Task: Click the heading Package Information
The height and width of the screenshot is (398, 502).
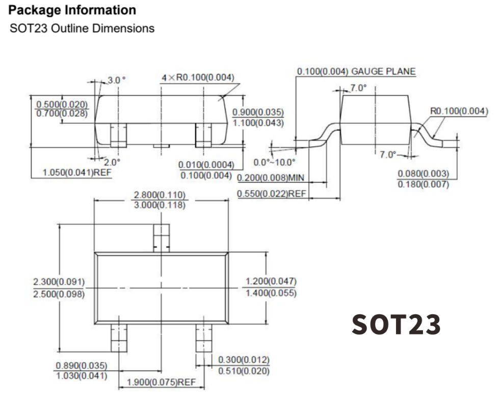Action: [72, 10]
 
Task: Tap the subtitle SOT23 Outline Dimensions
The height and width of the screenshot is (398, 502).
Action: [82, 28]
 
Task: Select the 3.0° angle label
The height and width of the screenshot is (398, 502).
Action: [116, 80]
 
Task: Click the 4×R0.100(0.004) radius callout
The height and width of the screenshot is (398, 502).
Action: [198, 78]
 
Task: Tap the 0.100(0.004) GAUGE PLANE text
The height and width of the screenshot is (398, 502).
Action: [356, 71]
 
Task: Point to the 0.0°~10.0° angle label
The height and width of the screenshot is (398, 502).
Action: [274, 163]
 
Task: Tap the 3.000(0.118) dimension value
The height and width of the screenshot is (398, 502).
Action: [160, 205]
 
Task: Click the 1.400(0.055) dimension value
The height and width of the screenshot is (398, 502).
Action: [271, 293]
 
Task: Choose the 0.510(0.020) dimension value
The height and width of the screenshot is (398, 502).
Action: [244, 371]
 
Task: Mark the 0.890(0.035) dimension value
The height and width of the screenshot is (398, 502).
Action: [81, 365]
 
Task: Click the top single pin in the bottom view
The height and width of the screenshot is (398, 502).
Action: [161, 238]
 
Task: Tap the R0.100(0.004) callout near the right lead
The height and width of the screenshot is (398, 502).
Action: [459, 111]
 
